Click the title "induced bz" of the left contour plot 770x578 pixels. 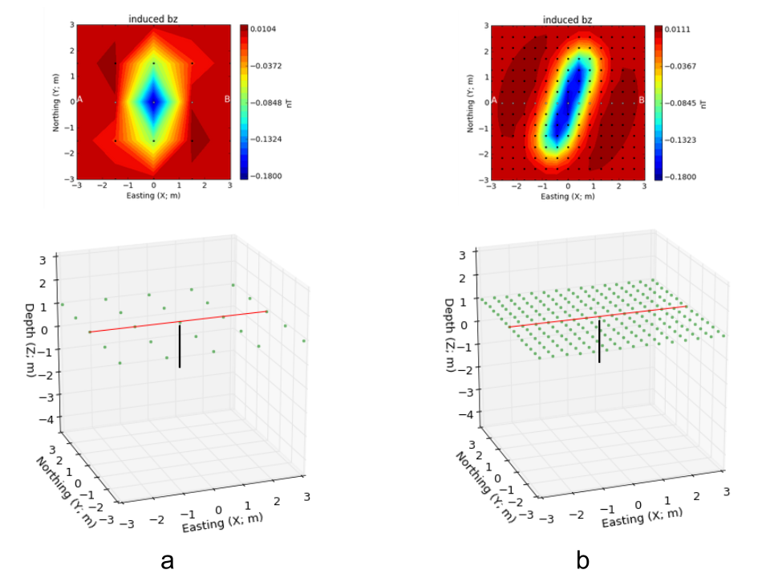153,19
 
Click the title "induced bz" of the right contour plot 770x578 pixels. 568,19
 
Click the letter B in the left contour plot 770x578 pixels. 227,100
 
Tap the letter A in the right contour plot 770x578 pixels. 494,100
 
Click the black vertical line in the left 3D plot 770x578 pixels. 179,345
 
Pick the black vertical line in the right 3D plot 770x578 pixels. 599,340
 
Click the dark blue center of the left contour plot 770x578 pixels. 154,101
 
